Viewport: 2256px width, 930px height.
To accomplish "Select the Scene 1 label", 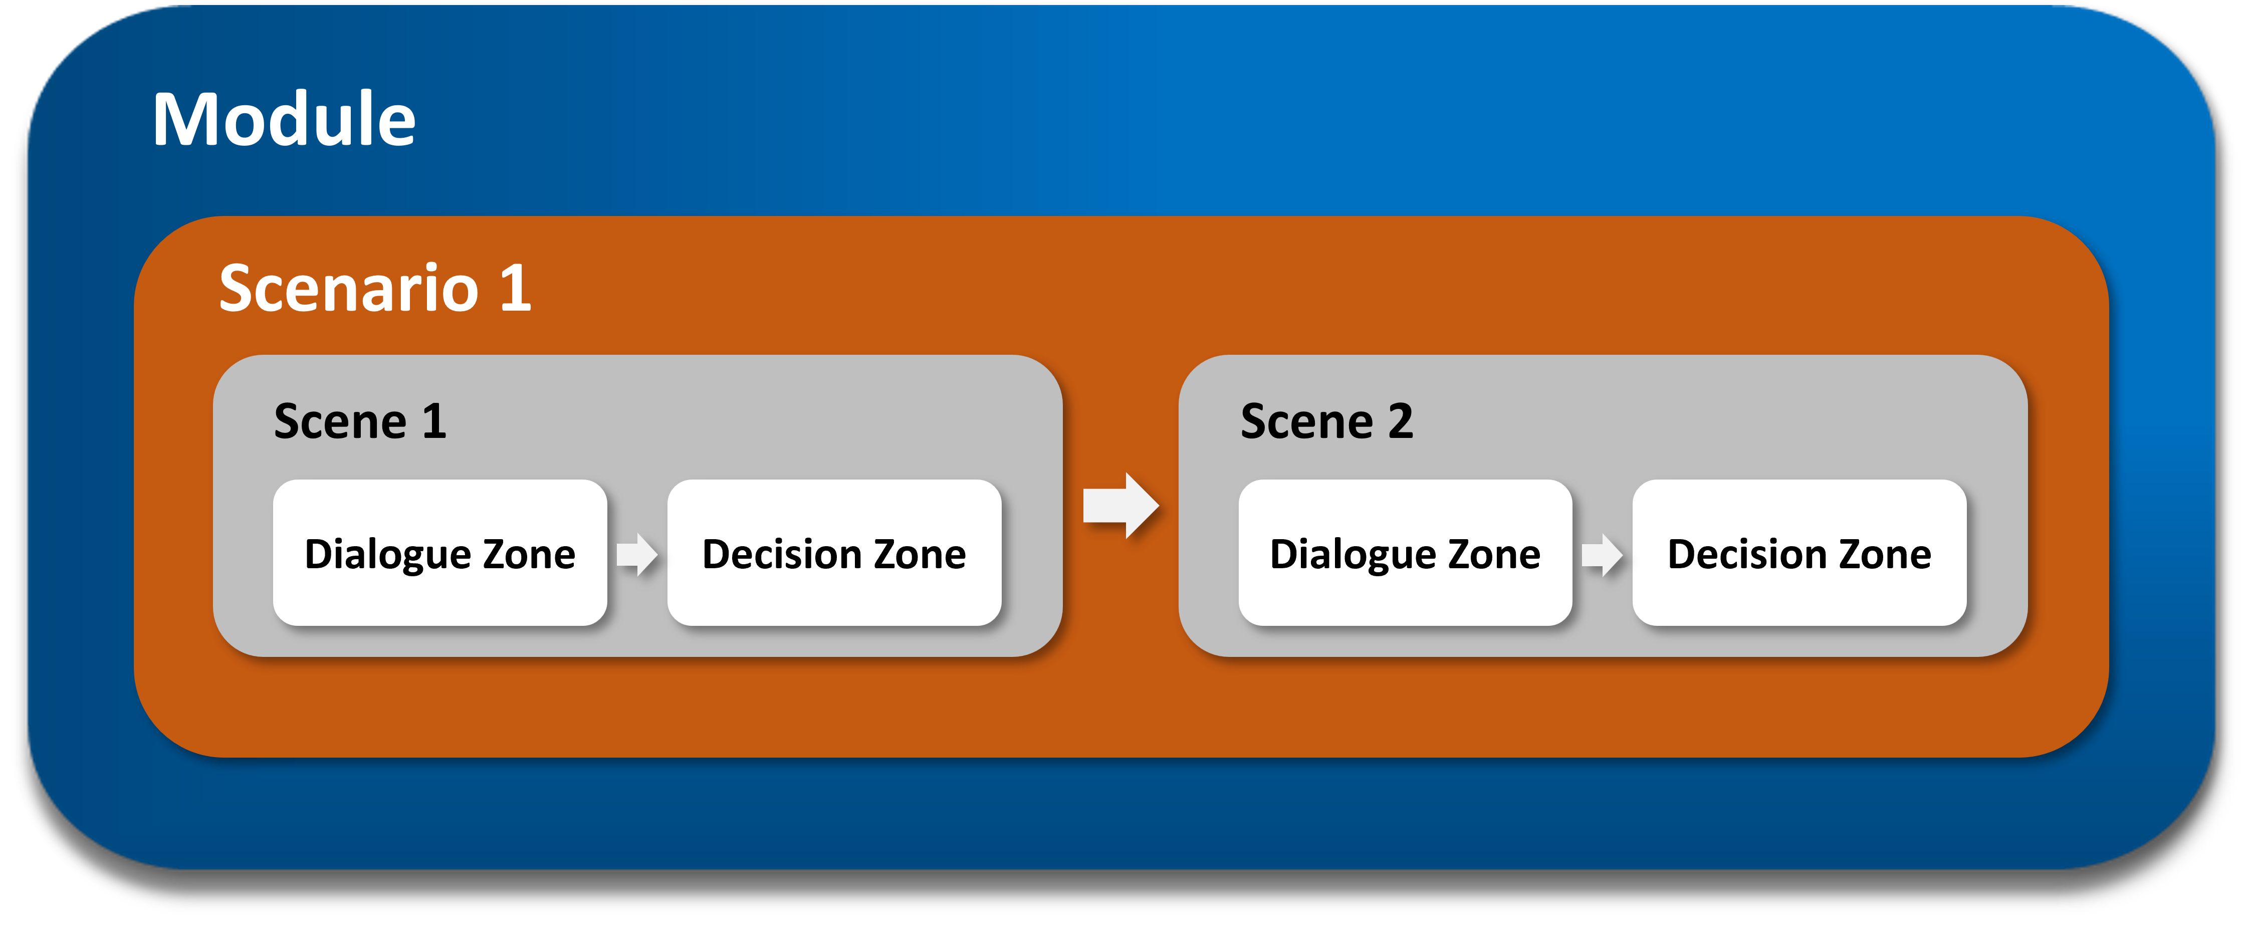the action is [360, 421].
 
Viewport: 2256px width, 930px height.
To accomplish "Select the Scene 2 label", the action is [1327, 421].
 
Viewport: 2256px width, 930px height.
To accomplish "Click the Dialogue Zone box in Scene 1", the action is [439, 553].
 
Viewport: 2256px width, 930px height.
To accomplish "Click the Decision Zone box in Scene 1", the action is [834, 553].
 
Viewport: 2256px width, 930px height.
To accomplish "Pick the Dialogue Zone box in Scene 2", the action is [1405, 553].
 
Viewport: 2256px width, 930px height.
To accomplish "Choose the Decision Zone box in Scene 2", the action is [1799, 553].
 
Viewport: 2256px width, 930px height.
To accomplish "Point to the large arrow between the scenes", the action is [1121, 505].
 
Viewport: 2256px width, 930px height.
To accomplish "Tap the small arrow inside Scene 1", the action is [637, 554].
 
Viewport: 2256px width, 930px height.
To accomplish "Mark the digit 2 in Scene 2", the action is [1401, 421].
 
